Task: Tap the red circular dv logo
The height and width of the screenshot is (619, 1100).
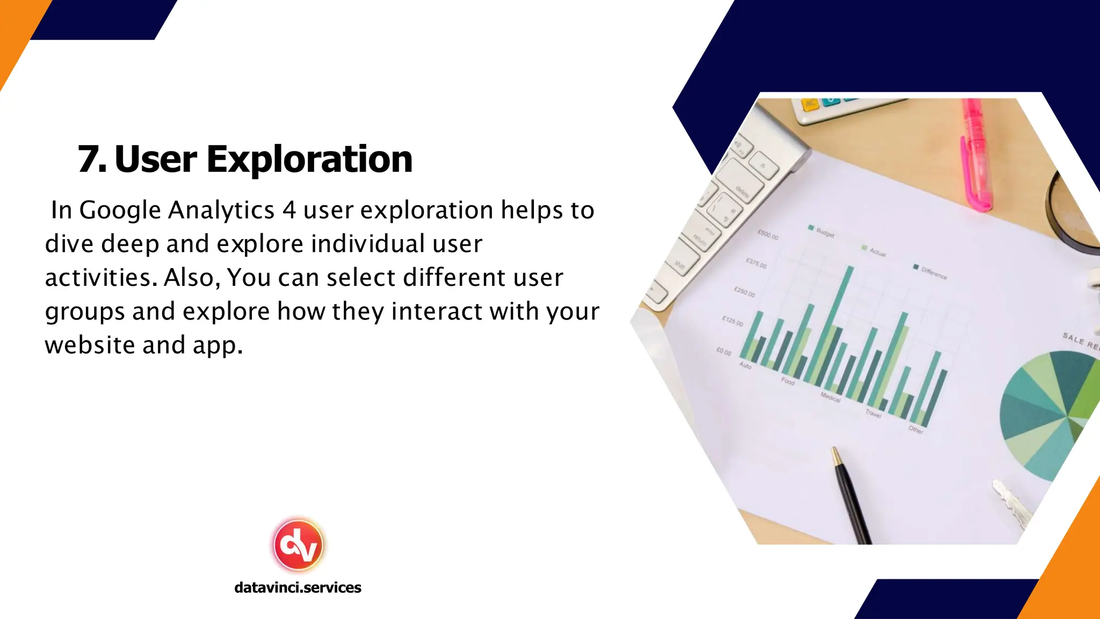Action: pyautogui.click(x=298, y=545)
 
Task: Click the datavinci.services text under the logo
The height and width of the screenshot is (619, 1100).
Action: pyautogui.click(x=298, y=587)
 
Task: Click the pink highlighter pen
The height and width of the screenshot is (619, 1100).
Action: pyautogui.click(x=978, y=156)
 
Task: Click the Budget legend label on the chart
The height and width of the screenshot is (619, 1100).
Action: pyautogui.click(x=825, y=233)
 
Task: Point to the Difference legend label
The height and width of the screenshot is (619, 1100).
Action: pyautogui.click(x=933, y=273)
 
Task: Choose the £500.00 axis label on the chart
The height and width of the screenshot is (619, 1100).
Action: pyautogui.click(x=768, y=235)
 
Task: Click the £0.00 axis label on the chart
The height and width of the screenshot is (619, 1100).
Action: pyautogui.click(x=723, y=352)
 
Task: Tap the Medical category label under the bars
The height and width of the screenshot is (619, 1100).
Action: pyautogui.click(x=830, y=398)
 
